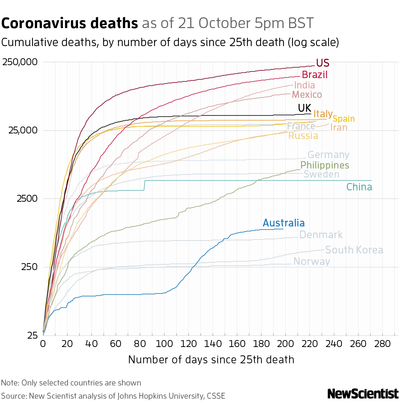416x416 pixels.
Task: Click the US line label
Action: pos(322,63)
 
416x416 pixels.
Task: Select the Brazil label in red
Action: pos(314,75)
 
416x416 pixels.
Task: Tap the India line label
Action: pos(304,85)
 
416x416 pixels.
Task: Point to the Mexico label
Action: pos(307,95)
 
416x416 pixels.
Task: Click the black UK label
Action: pos(305,108)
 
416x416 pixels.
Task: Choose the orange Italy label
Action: pos(323,114)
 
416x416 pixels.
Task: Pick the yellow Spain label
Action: pos(344,119)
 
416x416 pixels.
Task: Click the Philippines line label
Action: pos(324,165)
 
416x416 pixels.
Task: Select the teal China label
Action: pos(359,187)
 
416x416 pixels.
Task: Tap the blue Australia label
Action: pos(284,223)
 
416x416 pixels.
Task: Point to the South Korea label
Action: pos(354,250)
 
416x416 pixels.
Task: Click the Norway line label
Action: pos(312,261)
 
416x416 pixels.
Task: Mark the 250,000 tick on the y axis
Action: pos(20,62)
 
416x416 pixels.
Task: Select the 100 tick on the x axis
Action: pos(164,344)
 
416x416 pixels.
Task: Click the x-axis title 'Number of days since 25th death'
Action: pos(211,359)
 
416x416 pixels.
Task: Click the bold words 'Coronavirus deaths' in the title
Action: pos(70,24)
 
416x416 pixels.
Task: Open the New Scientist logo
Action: pos(363,394)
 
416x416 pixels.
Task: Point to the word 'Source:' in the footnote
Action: pos(14,396)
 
